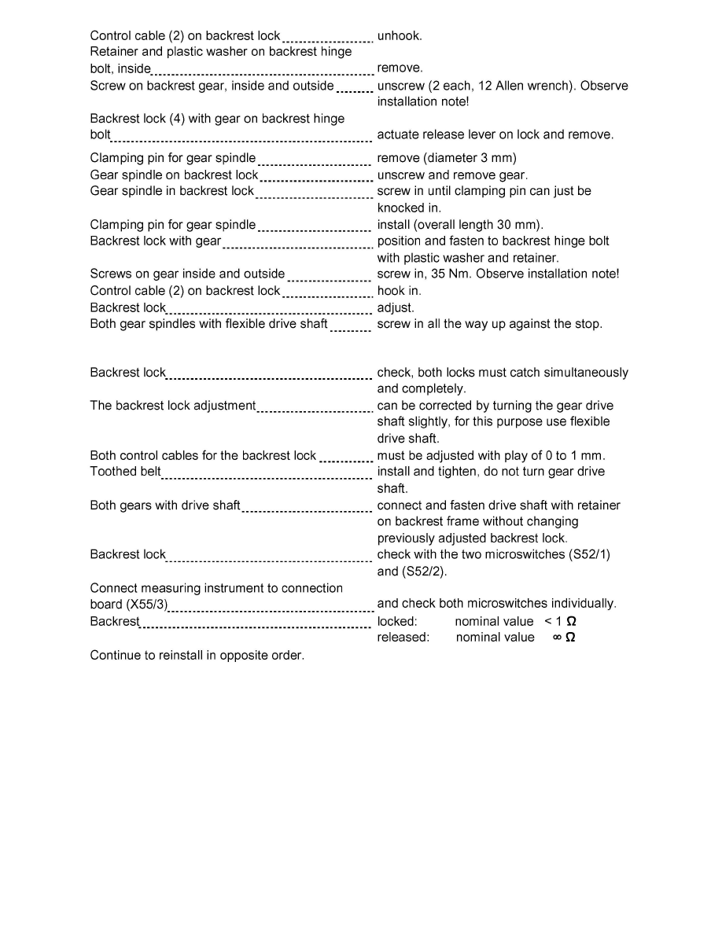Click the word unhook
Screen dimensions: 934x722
[400, 35]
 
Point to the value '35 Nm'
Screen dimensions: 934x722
[437, 274]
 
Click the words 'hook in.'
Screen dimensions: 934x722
[400, 291]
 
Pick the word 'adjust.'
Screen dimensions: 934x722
[396, 307]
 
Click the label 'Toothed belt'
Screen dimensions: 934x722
[125, 472]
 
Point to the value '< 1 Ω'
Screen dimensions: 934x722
[560, 621]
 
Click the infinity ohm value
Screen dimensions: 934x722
[563, 638]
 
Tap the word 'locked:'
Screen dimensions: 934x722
[397, 621]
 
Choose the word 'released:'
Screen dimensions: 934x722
[403, 638]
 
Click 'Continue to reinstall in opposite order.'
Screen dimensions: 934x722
[197, 655]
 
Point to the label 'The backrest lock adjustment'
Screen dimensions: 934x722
[173, 406]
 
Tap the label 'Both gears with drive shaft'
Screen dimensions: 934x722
[165, 506]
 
